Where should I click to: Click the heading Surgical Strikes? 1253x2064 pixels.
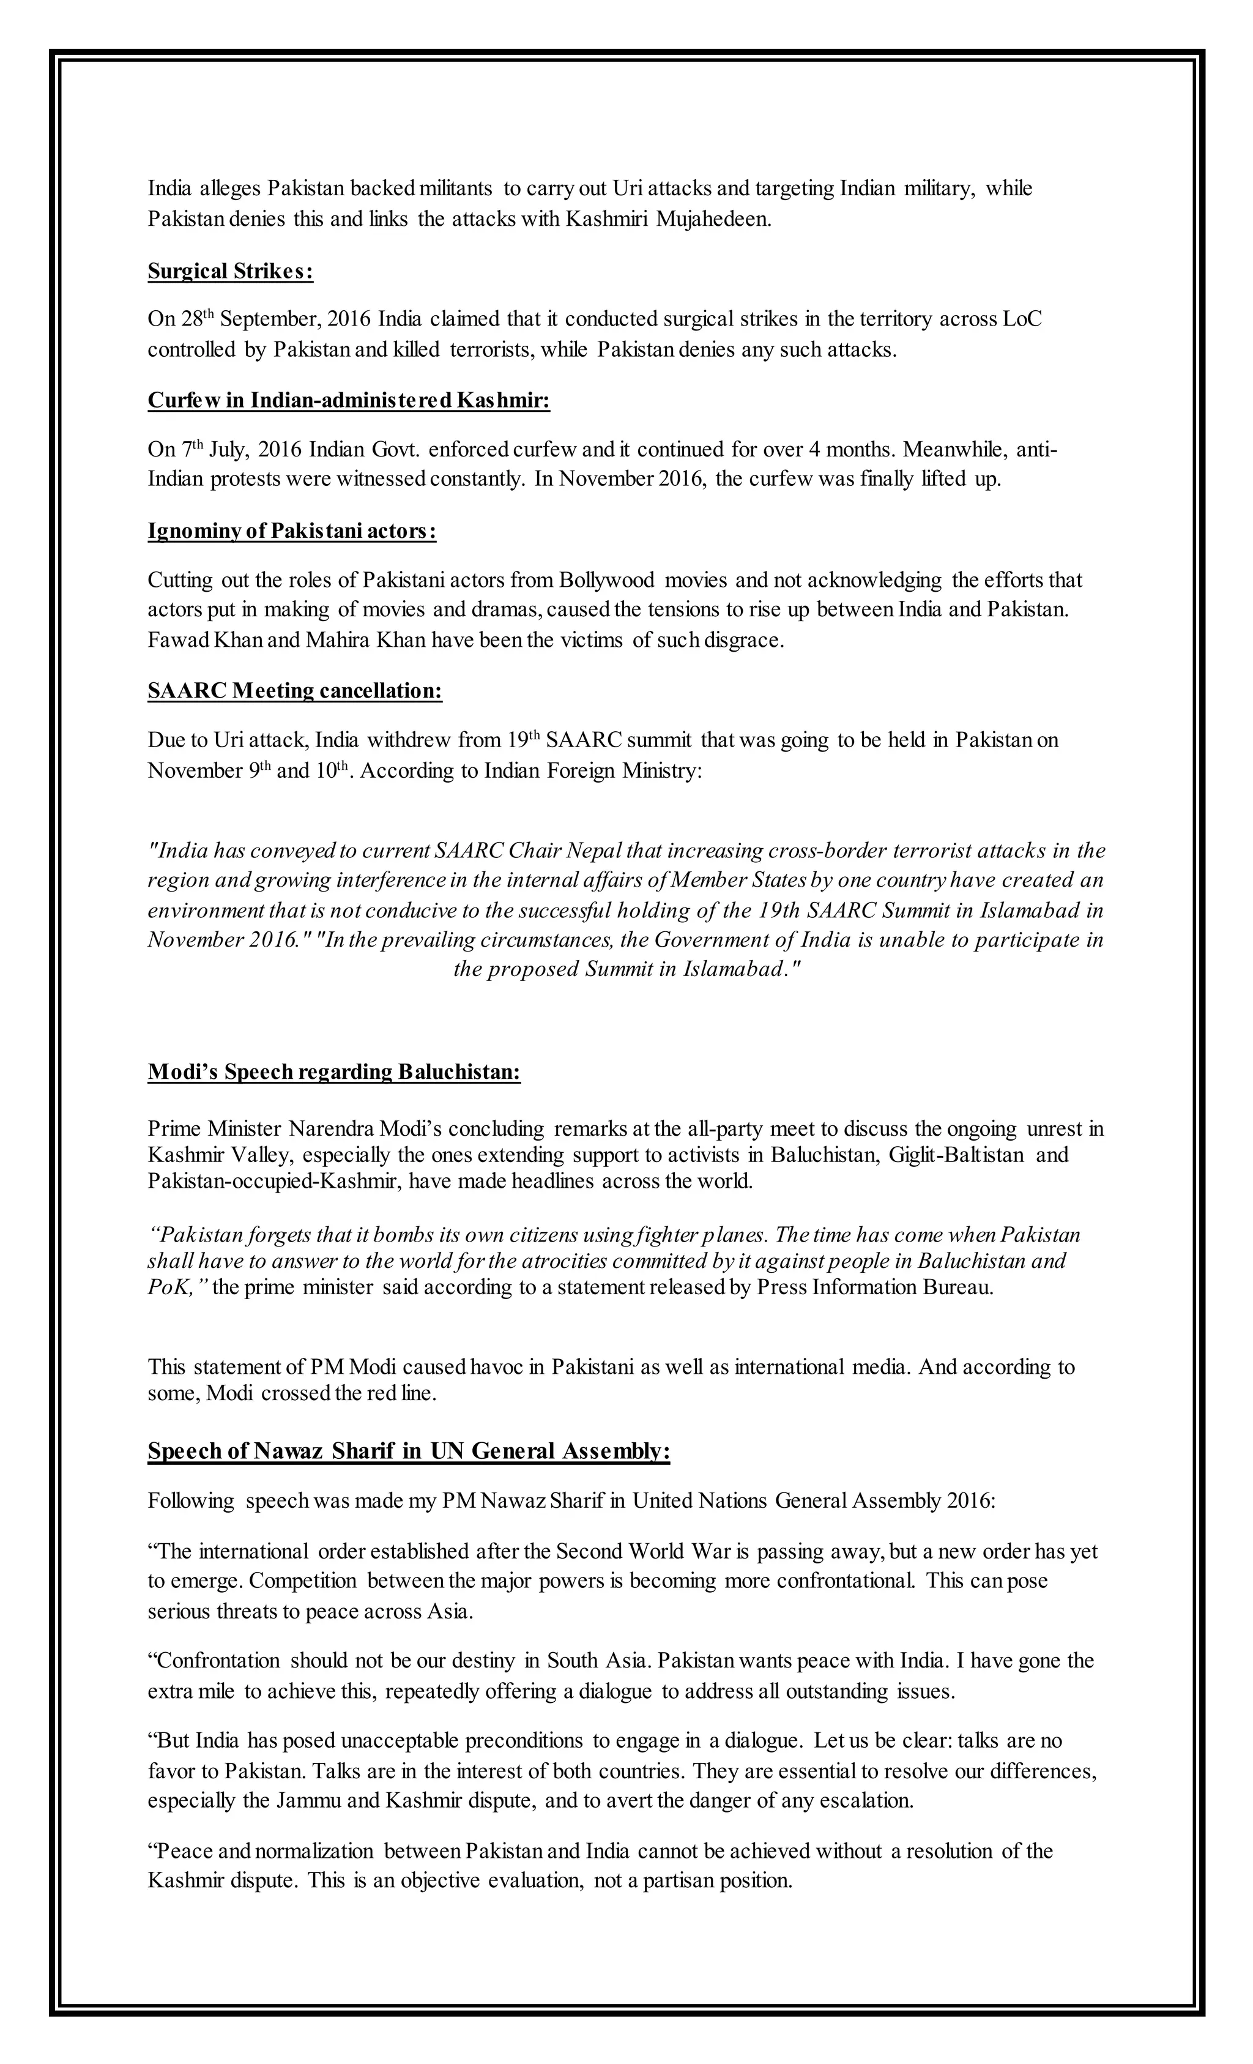(x=230, y=272)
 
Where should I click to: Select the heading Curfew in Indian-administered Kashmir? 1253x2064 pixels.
(x=348, y=400)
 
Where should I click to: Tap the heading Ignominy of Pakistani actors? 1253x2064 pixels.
(x=291, y=531)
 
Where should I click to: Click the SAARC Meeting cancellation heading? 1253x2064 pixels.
(x=295, y=691)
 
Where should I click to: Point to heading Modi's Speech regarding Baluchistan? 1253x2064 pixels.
(x=334, y=1072)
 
